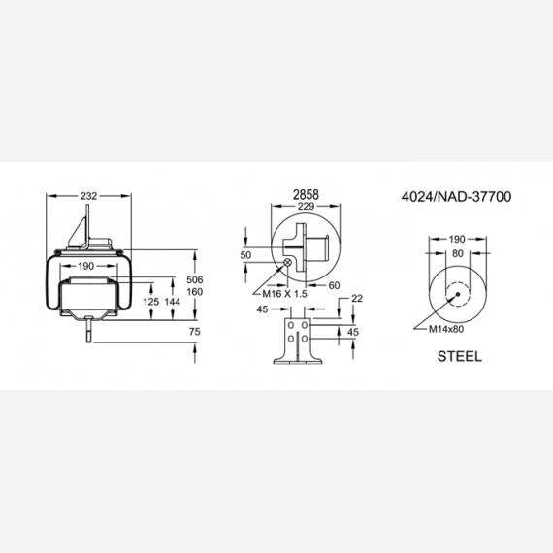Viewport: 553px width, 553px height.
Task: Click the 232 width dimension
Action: tap(88, 196)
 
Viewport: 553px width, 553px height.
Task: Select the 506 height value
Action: tap(195, 279)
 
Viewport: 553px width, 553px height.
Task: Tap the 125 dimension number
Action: tap(151, 302)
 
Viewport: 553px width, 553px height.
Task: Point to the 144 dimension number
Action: tap(173, 302)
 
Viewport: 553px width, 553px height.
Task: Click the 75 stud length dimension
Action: tap(195, 332)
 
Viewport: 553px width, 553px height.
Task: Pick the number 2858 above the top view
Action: tap(306, 194)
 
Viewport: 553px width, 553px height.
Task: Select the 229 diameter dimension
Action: tap(306, 206)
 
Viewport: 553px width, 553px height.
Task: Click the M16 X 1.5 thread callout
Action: tap(284, 293)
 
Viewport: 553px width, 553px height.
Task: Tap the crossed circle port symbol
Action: tap(288, 262)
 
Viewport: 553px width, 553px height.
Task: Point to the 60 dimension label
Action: tap(334, 285)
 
